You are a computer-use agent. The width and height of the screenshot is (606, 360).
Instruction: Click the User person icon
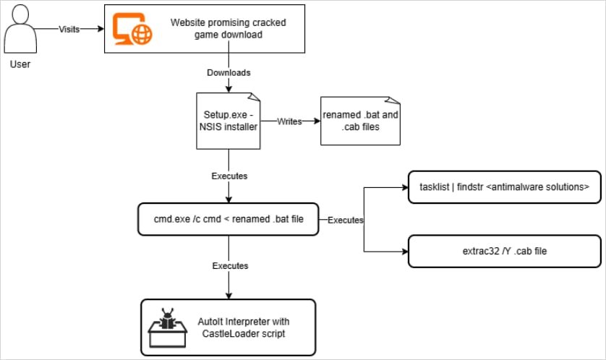(20, 29)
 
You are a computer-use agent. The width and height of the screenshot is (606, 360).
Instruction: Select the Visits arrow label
(69, 30)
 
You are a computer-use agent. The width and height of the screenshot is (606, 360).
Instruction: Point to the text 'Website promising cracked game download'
(228, 28)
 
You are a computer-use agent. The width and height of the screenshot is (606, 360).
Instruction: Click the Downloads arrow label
(229, 73)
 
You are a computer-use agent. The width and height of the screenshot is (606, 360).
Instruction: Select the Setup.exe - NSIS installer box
(229, 121)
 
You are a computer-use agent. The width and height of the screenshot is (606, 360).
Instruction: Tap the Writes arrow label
(289, 121)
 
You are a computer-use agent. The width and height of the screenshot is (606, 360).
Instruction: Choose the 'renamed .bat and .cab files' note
(360, 121)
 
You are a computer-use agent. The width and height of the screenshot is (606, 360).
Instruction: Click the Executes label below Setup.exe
(229, 176)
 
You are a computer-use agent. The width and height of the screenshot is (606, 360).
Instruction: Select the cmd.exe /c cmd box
(229, 219)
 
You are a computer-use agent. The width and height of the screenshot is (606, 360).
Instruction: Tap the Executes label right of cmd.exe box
(345, 219)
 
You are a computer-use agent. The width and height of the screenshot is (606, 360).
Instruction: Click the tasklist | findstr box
(504, 187)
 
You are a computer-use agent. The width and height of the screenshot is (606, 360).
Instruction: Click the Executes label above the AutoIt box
(229, 266)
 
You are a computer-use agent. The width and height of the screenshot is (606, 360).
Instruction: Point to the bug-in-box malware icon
(168, 326)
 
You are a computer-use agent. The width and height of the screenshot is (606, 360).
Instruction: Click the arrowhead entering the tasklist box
(405, 187)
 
